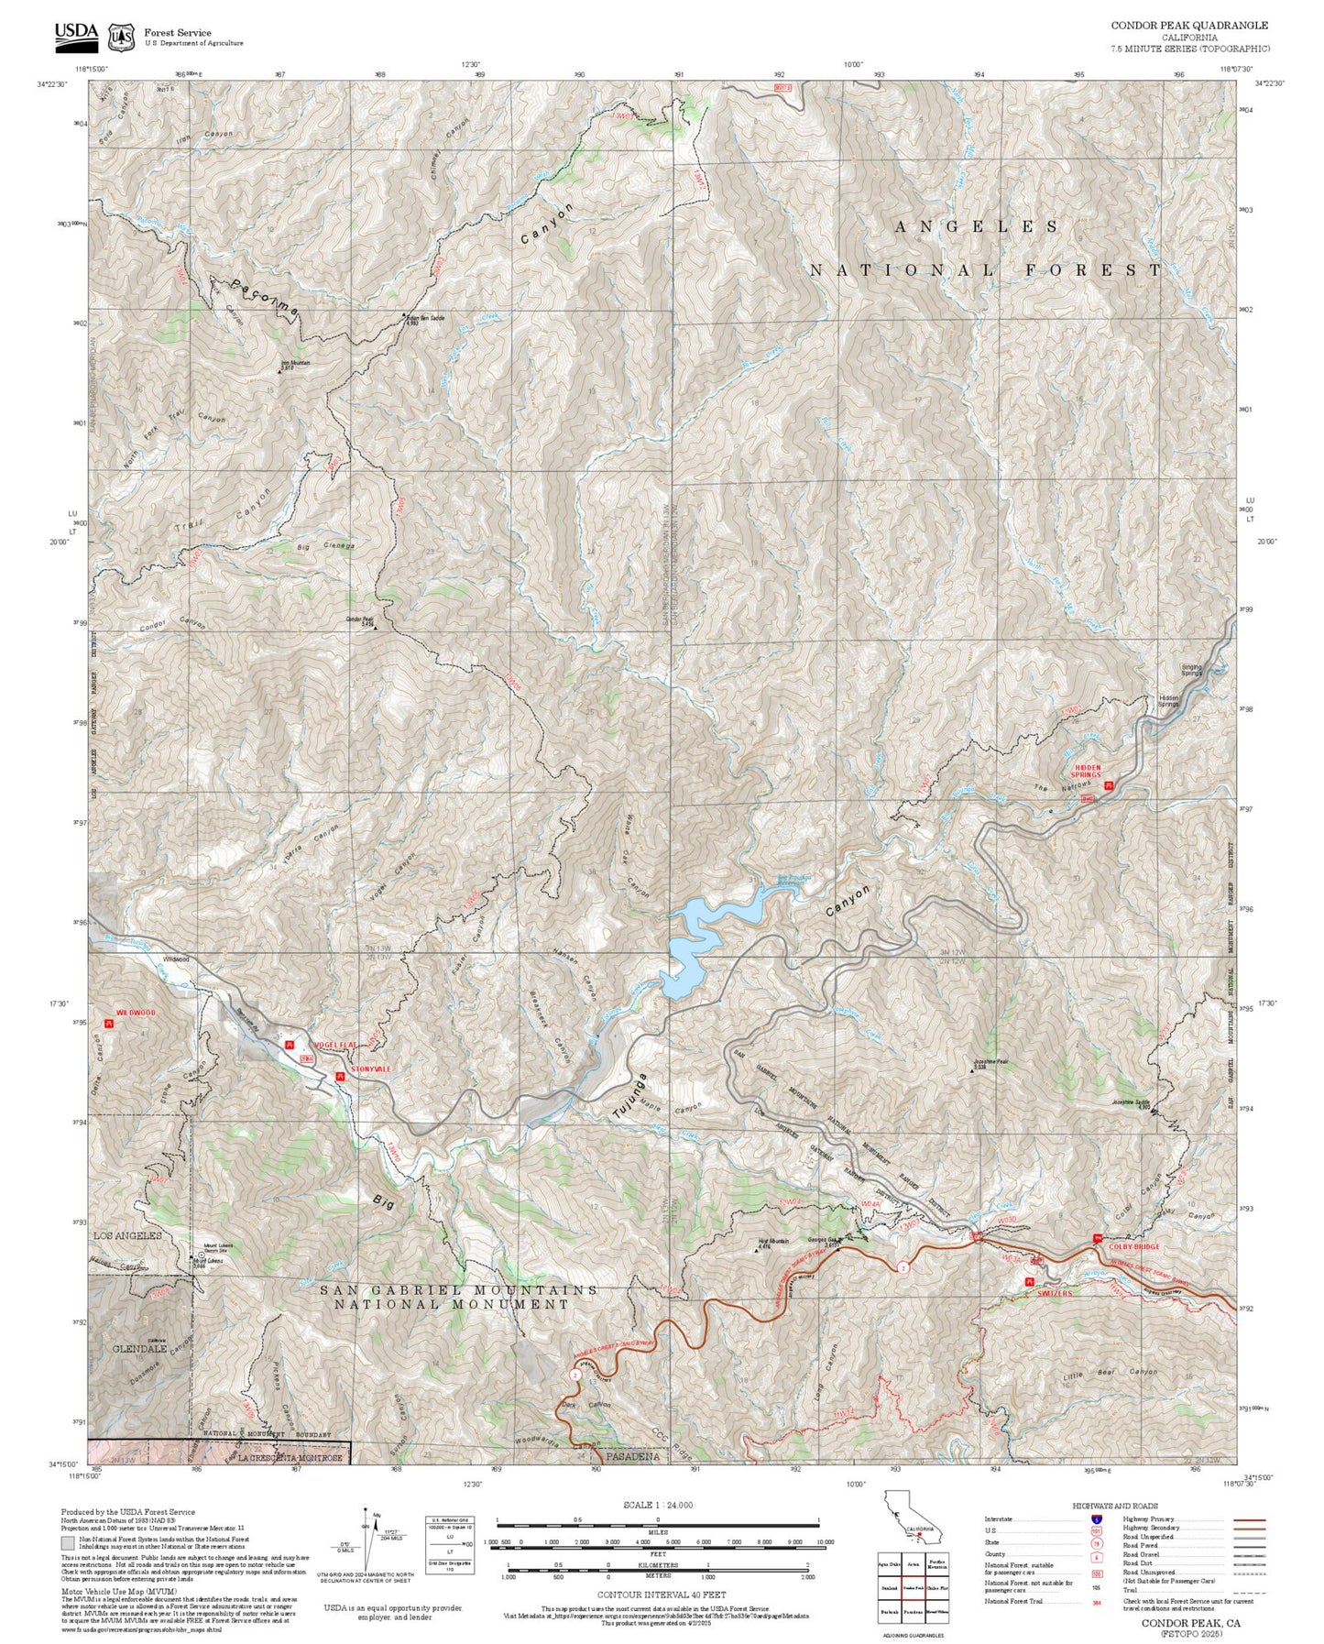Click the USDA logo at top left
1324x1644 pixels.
76,34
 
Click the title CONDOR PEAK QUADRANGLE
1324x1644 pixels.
1189,26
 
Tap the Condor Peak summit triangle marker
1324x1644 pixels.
374,629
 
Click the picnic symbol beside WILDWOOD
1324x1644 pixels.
110,1025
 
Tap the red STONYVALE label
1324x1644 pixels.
370,1069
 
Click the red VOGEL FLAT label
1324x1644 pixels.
334,1045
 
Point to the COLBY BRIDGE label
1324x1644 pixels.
1134,1246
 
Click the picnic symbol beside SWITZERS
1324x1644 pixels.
1031,1281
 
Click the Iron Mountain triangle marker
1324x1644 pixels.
280,372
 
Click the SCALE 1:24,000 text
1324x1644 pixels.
658,1505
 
